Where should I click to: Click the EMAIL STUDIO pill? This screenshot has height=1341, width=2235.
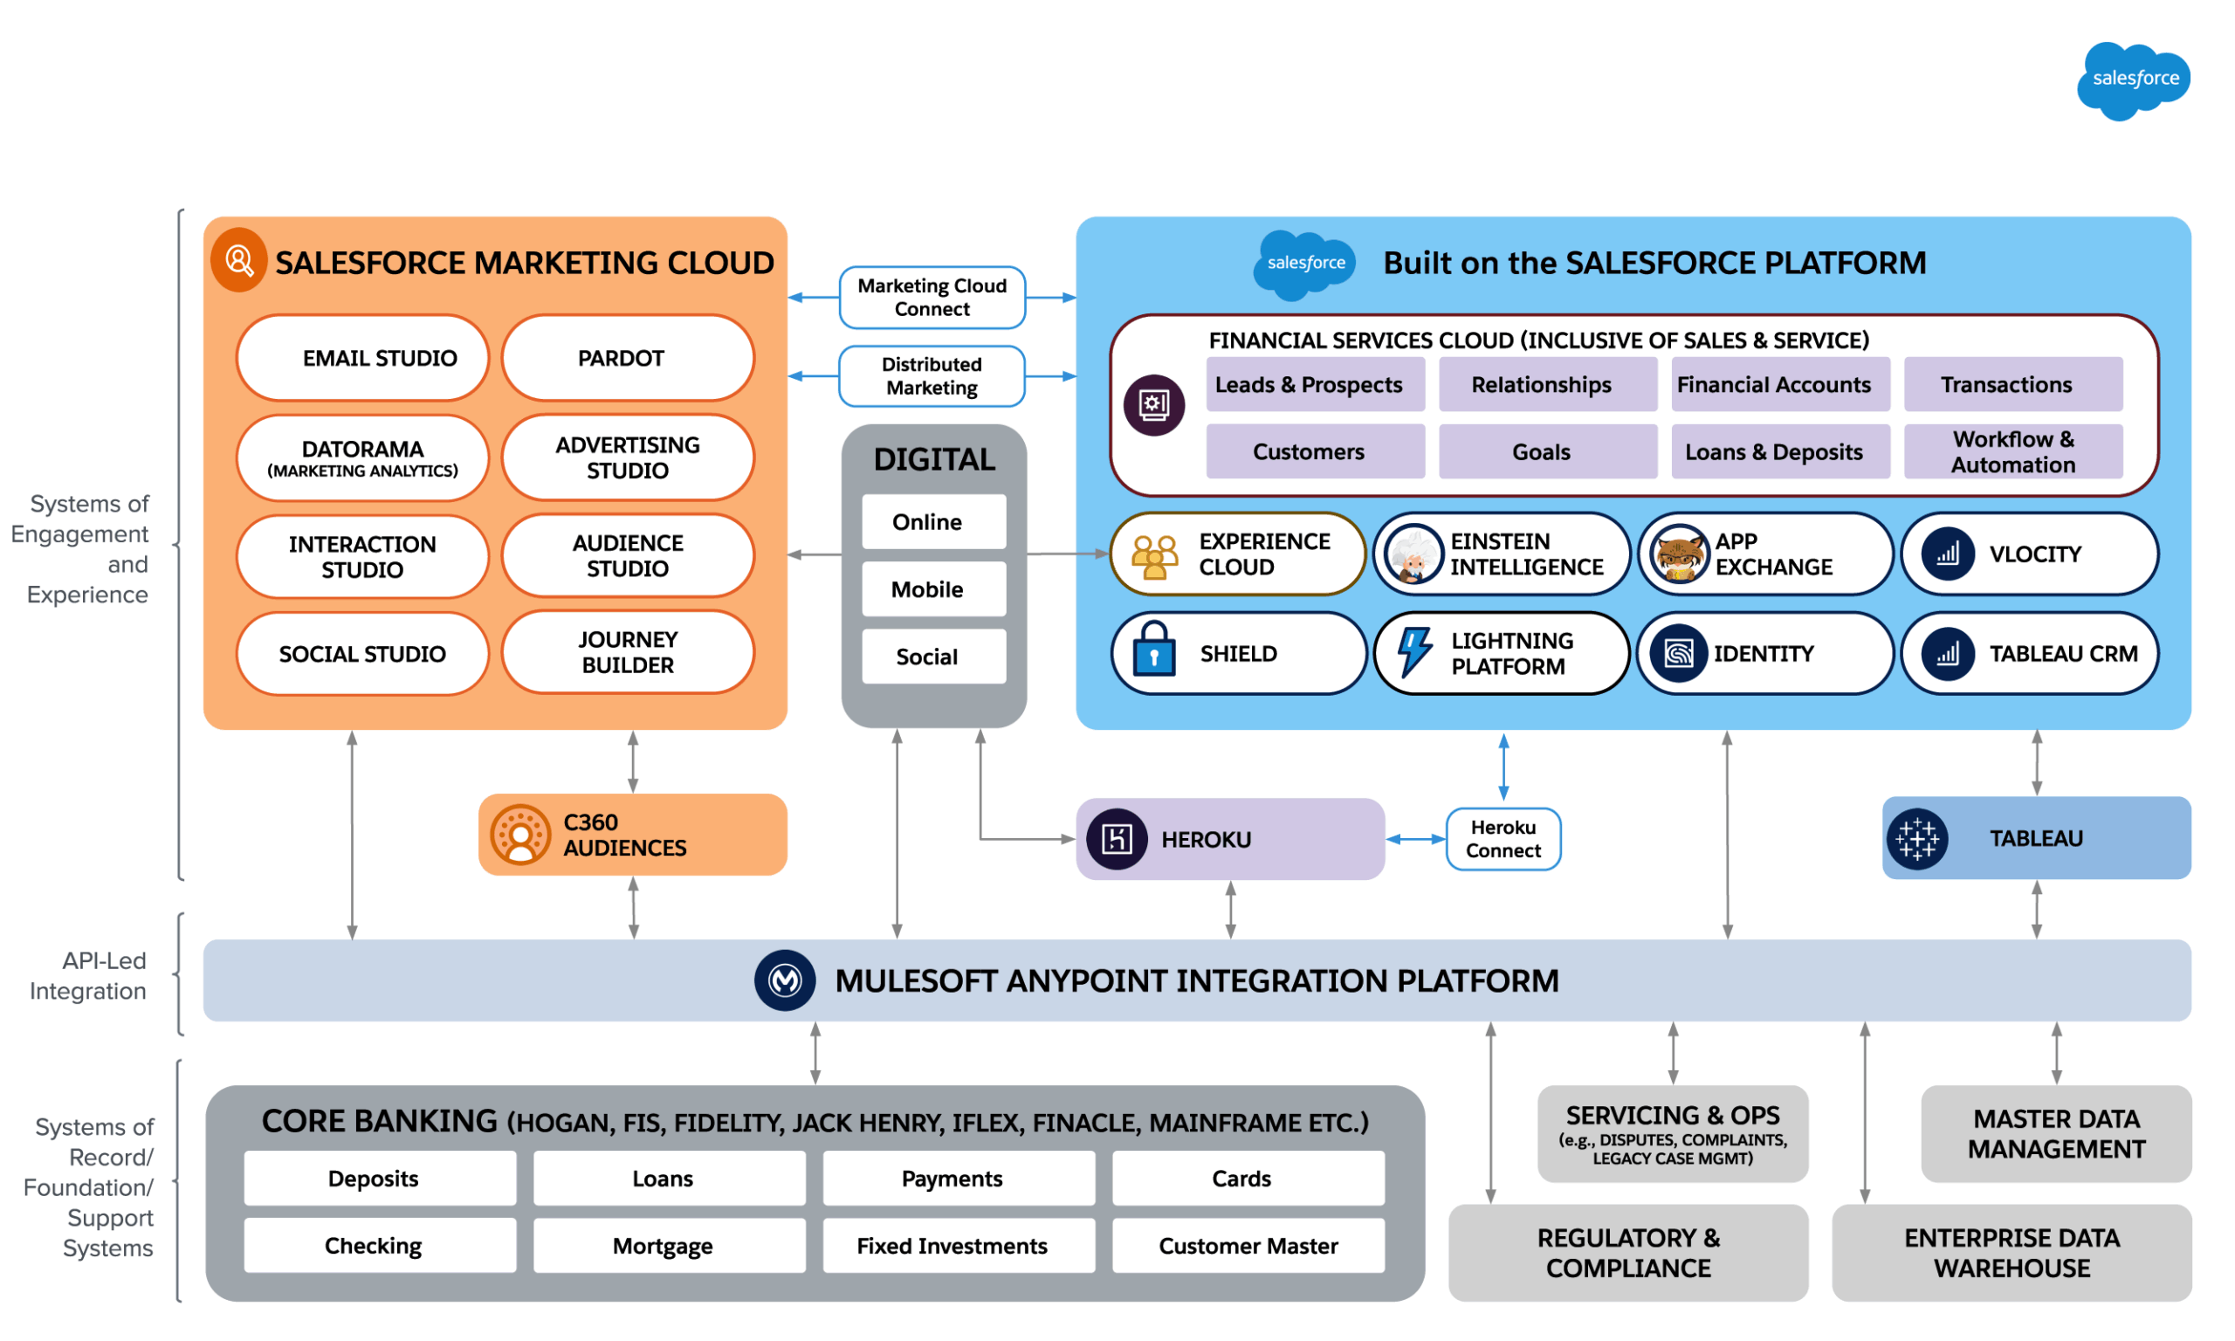[x=362, y=358]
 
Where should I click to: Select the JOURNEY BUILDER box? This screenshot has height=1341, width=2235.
[x=628, y=652]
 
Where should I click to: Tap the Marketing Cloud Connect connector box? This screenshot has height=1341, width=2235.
[x=932, y=298]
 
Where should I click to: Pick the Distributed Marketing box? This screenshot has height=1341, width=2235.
[x=932, y=376]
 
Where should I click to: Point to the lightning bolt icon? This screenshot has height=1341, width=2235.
[x=1413, y=651]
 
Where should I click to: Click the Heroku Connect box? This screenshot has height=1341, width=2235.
[x=1503, y=839]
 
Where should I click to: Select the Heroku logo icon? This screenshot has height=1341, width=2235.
[x=1117, y=840]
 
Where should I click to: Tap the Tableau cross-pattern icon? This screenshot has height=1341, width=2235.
[x=1916, y=839]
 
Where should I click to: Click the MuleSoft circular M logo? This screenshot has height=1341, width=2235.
[x=784, y=980]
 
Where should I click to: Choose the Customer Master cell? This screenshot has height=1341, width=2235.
[x=1248, y=1246]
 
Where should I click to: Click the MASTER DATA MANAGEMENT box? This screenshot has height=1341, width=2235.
[x=2055, y=1134]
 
